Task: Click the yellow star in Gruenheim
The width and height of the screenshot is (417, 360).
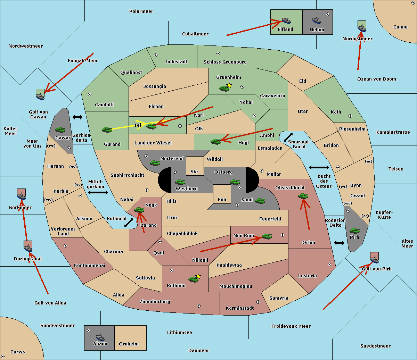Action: (229, 85)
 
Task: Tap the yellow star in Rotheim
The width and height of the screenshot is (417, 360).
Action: (198, 276)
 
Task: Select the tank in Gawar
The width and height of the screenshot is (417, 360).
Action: (60, 129)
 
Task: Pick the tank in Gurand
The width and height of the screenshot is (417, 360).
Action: (107, 129)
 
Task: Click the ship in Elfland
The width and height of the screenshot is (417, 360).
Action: (286, 20)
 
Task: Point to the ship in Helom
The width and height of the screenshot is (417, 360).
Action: (317, 20)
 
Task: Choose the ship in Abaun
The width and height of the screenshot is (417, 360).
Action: (100, 337)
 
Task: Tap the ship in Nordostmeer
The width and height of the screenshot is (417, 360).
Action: (362, 27)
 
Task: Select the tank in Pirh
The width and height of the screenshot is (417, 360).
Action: (355, 231)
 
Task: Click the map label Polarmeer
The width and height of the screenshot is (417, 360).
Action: (141, 11)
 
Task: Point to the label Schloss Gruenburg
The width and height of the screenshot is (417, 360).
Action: (225, 62)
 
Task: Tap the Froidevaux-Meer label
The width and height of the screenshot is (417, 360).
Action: (291, 326)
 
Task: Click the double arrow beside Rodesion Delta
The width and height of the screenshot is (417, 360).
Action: (339, 243)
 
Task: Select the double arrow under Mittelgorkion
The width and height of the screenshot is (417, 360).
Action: (98, 193)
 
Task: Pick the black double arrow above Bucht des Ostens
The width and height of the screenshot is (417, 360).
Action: (319, 168)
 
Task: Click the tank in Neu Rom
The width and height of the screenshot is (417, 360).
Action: (267, 236)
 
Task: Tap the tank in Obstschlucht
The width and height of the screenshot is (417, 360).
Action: (303, 196)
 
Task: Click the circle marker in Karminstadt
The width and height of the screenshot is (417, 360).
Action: (258, 302)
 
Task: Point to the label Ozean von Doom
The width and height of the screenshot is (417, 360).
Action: (376, 79)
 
